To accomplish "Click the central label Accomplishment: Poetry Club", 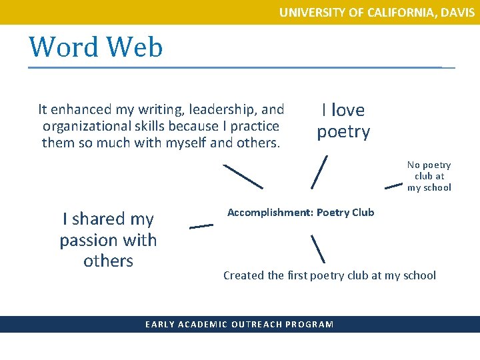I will click(x=301, y=213).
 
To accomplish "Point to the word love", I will click(x=348, y=110).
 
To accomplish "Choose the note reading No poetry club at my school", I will click(x=429, y=176).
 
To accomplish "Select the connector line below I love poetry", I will click(x=319, y=172).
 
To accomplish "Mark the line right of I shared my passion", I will click(x=201, y=226).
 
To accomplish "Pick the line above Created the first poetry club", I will click(x=317, y=248).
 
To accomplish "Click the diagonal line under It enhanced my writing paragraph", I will click(x=243, y=176).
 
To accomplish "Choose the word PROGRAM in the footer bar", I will click(x=308, y=325).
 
